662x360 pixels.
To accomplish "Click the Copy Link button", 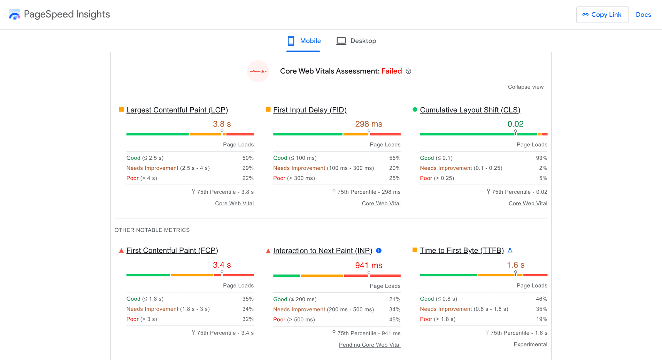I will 602,15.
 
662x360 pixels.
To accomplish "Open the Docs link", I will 643,15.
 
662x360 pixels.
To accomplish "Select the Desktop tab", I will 356,41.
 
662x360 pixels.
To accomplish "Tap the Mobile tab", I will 303,41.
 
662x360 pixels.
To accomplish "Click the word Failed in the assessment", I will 392,71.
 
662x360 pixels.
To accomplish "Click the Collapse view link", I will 525,87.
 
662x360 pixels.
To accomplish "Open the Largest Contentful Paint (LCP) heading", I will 177,110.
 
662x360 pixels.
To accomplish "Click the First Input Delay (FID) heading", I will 310,110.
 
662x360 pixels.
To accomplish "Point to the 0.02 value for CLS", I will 515,124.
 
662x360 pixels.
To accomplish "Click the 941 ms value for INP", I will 369,265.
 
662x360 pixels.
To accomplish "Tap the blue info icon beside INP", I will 379,251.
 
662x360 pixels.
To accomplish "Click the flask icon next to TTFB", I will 510,250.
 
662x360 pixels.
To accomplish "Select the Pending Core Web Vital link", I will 369,345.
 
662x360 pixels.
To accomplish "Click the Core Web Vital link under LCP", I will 234,203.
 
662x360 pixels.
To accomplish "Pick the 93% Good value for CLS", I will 541,158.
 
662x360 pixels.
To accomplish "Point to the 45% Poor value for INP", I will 395,319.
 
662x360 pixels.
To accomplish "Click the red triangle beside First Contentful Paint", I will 121,250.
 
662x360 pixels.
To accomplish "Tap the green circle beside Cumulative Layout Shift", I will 415,109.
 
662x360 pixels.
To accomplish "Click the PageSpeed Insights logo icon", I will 15,15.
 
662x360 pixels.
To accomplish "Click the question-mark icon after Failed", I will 408,71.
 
